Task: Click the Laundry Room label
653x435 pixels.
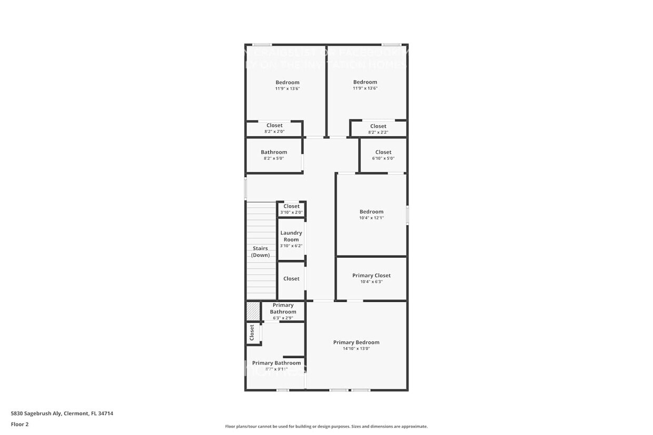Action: [x=291, y=236]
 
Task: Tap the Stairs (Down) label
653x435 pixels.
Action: [x=260, y=251]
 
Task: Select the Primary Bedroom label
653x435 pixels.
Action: [x=356, y=342]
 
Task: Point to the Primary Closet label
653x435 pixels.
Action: [x=371, y=276]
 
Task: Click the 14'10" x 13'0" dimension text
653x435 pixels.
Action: [x=356, y=349]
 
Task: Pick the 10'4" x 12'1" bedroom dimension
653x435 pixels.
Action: [x=371, y=218]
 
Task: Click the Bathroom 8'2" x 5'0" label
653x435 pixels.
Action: [x=274, y=153]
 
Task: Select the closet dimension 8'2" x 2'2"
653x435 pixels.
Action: [x=378, y=132]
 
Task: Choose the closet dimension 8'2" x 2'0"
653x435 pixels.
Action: [x=274, y=131]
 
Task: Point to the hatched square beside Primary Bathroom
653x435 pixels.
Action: [x=253, y=310]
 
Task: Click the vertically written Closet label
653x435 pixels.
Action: [x=252, y=332]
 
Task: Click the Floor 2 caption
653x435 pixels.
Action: [x=19, y=424]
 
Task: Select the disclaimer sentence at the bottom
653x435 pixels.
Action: [x=326, y=427]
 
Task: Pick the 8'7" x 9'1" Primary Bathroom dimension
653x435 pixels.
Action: [x=276, y=369]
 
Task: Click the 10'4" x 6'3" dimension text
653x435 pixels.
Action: [x=371, y=282]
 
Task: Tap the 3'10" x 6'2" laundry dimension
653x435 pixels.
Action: [x=291, y=246]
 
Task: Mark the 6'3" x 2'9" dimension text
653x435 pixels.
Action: [x=283, y=318]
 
